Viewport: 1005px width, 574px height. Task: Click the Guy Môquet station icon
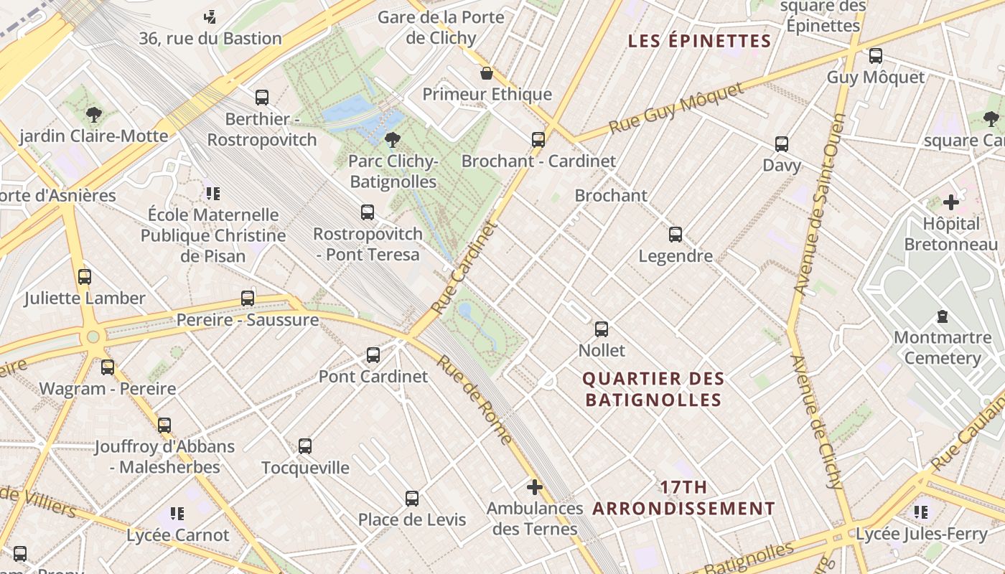tap(875, 56)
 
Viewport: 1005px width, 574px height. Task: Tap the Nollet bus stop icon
tap(602, 329)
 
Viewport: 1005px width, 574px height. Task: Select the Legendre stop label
tap(676, 256)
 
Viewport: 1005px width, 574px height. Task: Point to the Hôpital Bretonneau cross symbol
tap(951, 202)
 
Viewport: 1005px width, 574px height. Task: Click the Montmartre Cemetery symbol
tap(942, 316)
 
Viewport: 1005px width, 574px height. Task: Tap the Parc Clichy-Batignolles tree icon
tap(392, 139)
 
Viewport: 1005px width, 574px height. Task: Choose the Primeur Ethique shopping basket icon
tap(487, 73)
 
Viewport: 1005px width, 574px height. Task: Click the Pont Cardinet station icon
tap(373, 354)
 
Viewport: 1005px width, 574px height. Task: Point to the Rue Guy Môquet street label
tap(676, 108)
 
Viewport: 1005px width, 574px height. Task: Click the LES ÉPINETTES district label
tap(699, 41)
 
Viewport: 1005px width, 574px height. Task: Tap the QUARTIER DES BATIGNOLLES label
tap(653, 389)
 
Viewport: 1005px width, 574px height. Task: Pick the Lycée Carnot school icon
tap(177, 514)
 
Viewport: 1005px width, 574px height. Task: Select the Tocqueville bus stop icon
tap(305, 446)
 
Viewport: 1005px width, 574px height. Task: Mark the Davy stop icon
tap(782, 144)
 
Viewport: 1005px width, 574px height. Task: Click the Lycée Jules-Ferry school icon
tap(921, 512)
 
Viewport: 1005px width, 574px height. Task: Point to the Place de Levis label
tap(412, 519)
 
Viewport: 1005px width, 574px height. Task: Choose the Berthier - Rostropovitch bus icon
tap(262, 97)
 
